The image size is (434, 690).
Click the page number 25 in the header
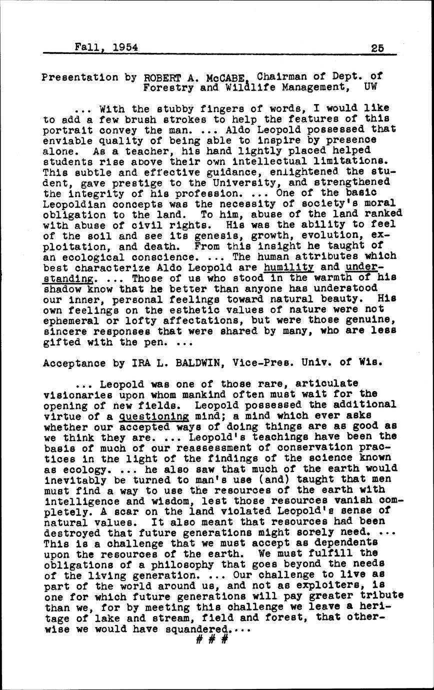tap(377, 48)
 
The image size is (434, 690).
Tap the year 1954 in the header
tap(125, 47)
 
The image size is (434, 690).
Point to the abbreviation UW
tap(370, 87)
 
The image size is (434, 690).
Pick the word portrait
tap(67, 130)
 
